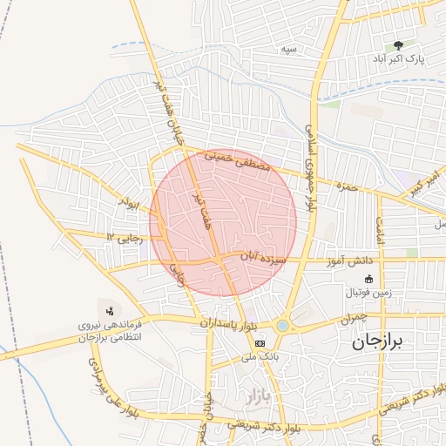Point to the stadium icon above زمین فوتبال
click(x=368, y=279)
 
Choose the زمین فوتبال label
click(x=369, y=293)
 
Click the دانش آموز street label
click(x=349, y=261)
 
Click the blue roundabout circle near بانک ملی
click(x=282, y=326)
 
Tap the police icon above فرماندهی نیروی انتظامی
click(x=110, y=310)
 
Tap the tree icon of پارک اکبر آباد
click(x=399, y=45)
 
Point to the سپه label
click(x=288, y=50)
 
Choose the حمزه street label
click(x=348, y=186)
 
